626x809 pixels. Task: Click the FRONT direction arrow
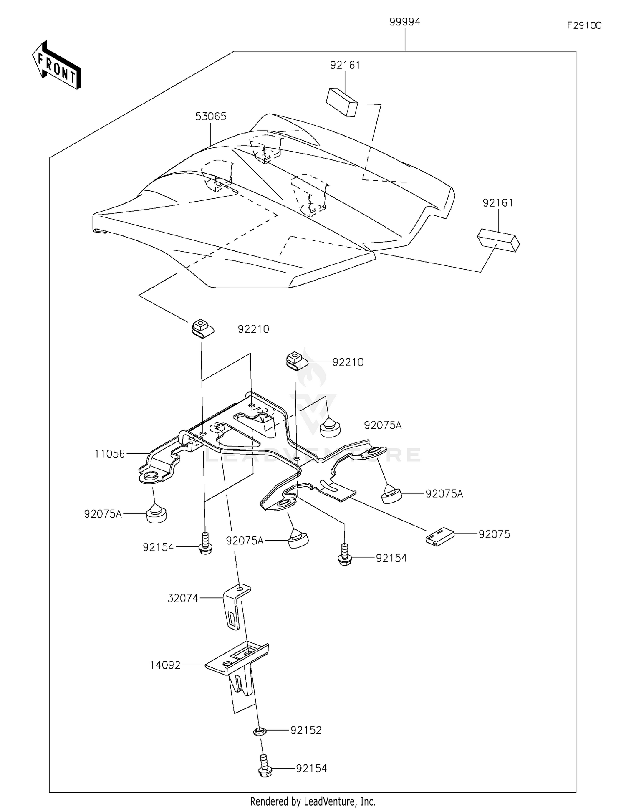coord(57,66)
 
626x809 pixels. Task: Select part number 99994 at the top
coord(404,22)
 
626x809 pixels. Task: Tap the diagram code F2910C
coord(584,25)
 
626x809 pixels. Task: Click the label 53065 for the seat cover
coord(211,116)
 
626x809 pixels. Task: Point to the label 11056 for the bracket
coord(109,454)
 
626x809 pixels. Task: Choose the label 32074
coord(183,598)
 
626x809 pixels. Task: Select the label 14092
coord(165,665)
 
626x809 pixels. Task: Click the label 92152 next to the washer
coord(306,731)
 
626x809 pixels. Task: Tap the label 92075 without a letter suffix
coord(494,534)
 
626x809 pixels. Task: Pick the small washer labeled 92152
coord(260,731)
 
